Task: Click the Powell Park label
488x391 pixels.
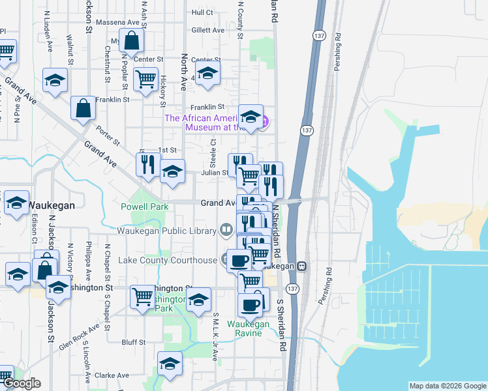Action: pyautogui.click(x=145, y=207)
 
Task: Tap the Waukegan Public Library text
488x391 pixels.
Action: pyautogui.click(x=167, y=230)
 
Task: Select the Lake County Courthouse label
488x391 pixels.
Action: pyautogui.click(x=168, y=261)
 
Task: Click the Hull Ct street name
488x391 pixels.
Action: pyautogui.click(x=202, y=12)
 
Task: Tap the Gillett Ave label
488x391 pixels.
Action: pyautogui.click(x=207, y=30)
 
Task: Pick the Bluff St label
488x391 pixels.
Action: pyautogui.click(x=133, y=341)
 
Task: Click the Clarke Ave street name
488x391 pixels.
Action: pyautogui.click(x=112, y=375)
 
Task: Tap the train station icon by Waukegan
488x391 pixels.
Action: pyautogui.click(x=301, y=266)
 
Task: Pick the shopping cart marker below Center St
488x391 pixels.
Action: pyautogui.click(x=145, y=79)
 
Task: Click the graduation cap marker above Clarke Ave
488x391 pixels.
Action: pyautogui.click(x=170, y=362)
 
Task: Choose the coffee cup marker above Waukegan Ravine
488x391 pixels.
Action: pyautogui.click(x=249, y=304)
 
